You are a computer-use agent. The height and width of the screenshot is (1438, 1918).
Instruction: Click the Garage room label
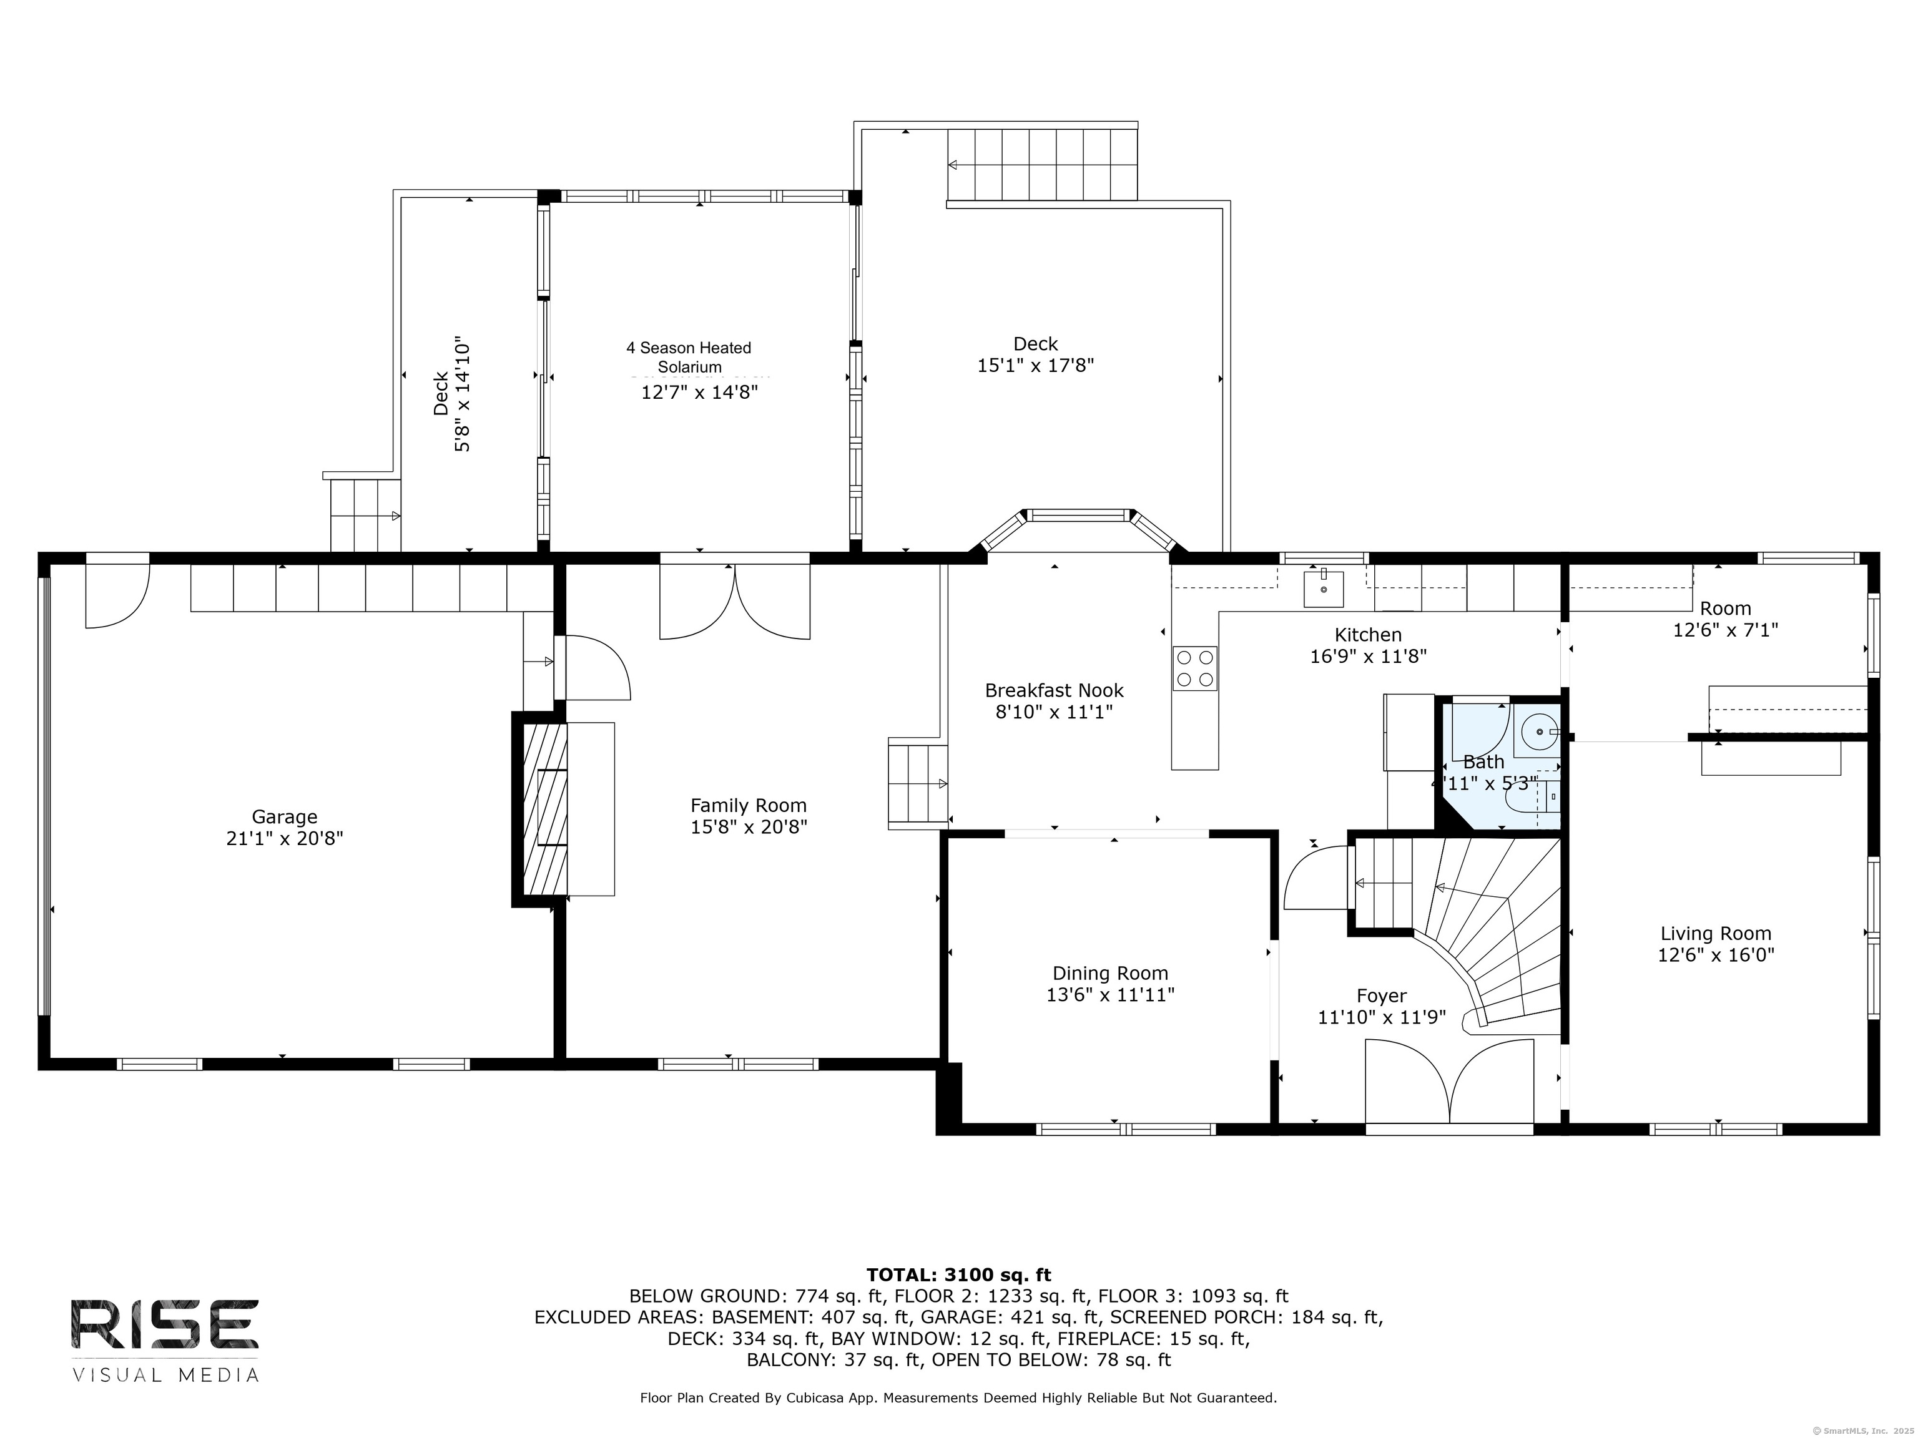click(x=285, y=816)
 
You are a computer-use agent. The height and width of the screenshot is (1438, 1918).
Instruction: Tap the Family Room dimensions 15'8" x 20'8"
click(x=749, y=827)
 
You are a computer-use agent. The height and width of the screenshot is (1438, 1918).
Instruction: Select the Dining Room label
click(x=1110, y=974)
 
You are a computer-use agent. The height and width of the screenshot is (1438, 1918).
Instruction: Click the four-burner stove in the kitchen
click(x=1195, y=668)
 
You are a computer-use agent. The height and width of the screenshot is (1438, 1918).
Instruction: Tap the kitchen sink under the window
click(x=1324, y=589)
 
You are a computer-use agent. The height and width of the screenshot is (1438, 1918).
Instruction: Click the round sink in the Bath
click(x=1539, y=733)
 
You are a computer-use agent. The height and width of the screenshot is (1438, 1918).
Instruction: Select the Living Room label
click(x=1715, y=934)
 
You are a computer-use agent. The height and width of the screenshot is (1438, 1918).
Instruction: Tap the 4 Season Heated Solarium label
click(x=689, y=357)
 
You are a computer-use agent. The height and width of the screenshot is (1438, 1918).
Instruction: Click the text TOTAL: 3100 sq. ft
click(x=958, y=1275)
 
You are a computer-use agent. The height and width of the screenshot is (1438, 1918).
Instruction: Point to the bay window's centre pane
click(x=1079, y=515)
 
